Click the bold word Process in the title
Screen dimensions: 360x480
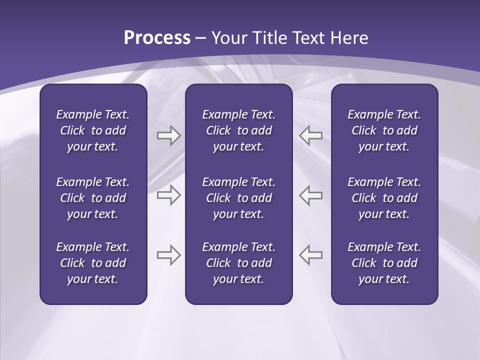point(157,38)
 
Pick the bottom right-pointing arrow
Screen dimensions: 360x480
point(168,255)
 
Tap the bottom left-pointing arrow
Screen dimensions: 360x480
point(311,255)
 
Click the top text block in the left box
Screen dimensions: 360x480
point(93,130)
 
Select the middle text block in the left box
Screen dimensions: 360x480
point(93,198)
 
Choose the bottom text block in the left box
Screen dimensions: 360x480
point(93,263)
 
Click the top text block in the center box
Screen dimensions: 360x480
point(238,130)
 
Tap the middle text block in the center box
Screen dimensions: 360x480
point(238,198)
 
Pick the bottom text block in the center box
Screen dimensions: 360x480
point(238,263)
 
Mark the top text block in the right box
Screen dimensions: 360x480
point(384,130)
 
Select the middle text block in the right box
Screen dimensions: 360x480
point(384,198)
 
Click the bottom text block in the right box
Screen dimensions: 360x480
point(384,263)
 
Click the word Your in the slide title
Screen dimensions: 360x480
point(229,38)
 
